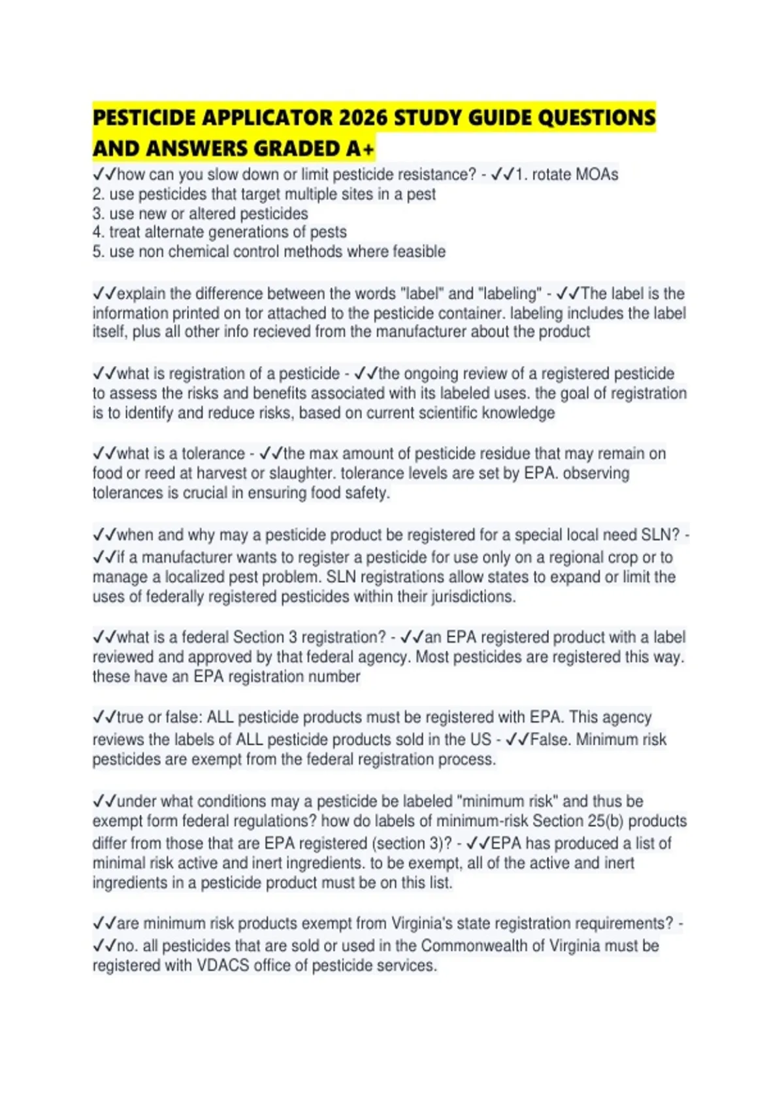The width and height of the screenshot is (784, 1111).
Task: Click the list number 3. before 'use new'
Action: click(x=98, y=214)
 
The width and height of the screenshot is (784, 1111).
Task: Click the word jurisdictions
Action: click(x=470, y=597)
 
